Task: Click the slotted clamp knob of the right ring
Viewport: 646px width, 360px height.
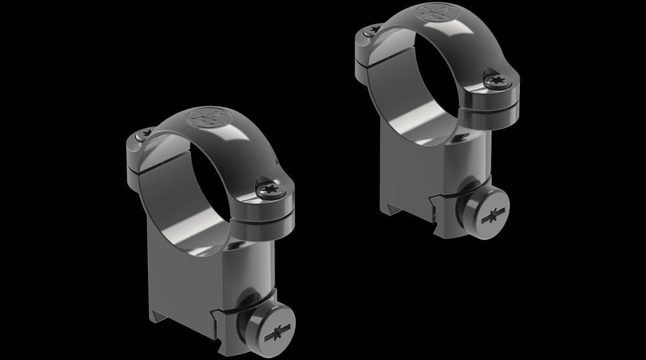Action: pos(488,214)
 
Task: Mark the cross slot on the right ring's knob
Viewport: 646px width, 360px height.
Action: pos(491,217)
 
